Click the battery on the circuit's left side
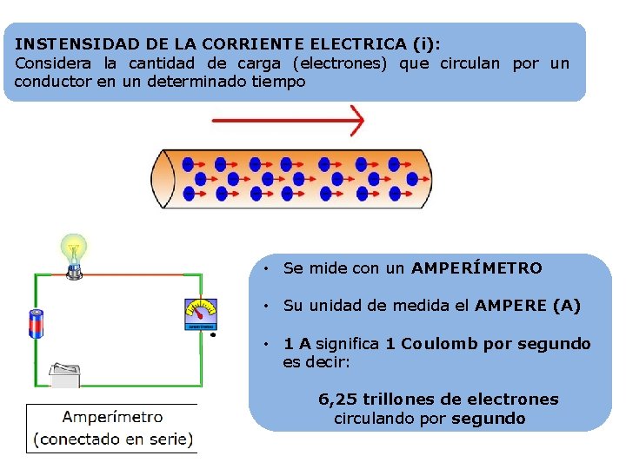point(37,324)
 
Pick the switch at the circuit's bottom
point(66,374)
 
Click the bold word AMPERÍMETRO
point(476,268)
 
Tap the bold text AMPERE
point(510,306)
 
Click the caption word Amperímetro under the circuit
point(113,417)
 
